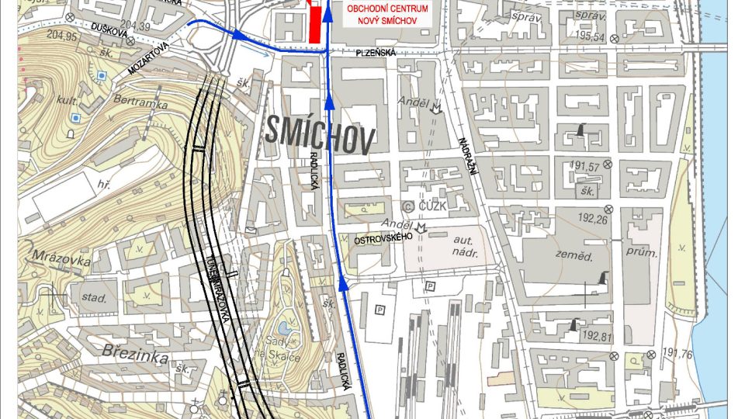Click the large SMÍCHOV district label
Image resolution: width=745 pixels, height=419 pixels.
(319, 133)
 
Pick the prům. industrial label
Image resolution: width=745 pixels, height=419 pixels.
(646, 253)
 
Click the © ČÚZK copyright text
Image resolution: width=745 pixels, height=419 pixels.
(423, 206)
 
